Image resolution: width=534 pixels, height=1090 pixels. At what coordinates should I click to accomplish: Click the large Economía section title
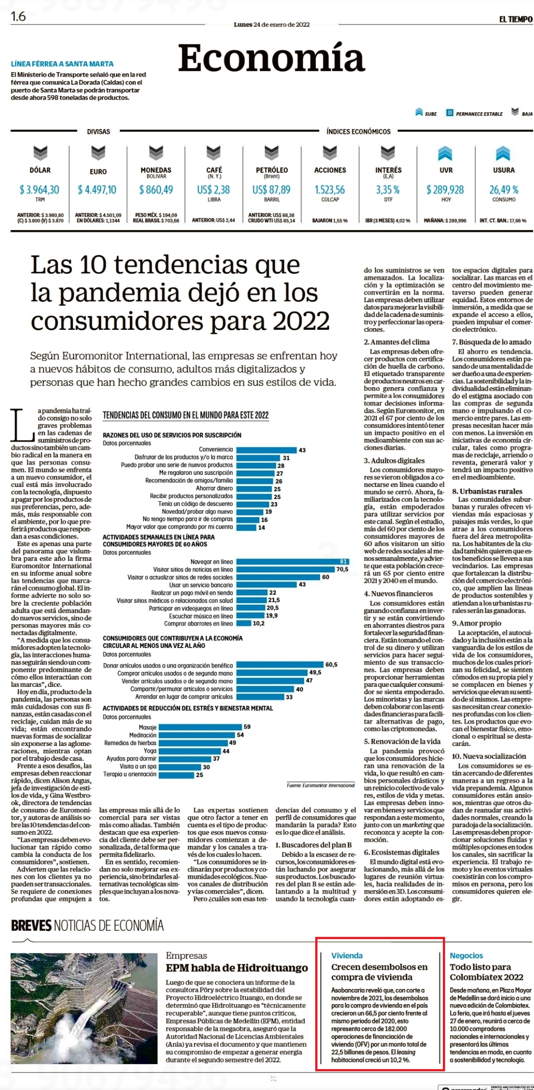point(271,58)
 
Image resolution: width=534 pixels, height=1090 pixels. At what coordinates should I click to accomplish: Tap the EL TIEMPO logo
point(515,19)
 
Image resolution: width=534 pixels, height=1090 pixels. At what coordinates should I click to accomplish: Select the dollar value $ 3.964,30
point(39,190)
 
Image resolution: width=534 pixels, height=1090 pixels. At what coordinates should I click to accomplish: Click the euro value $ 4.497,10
point(97,190)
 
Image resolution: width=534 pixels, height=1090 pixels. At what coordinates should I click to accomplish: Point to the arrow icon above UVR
point(446,154)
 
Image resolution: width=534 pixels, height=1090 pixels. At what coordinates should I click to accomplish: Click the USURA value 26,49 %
point(504,190)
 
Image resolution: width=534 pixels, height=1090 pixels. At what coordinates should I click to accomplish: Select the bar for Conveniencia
point(266,450)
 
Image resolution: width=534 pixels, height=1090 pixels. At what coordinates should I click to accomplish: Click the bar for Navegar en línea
point(292,562)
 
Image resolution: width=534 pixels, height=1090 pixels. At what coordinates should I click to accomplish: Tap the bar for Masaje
point(201,727)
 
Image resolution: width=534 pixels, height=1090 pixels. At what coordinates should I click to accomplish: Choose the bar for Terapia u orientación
point(177,775)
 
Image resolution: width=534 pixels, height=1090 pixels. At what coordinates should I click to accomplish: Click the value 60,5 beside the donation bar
point(331,665)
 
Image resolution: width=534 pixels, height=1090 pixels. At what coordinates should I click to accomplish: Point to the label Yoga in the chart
point(150,751)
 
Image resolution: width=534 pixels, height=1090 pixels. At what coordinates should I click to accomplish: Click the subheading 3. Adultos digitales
point(394,461)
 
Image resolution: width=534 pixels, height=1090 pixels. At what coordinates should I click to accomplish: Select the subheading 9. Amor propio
point(477,623)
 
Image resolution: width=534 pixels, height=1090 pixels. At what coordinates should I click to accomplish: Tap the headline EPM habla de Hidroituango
point(237,968)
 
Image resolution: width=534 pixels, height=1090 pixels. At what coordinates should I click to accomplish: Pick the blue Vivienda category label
point(347,955)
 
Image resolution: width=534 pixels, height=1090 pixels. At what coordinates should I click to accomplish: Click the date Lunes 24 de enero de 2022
point(272,24)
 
